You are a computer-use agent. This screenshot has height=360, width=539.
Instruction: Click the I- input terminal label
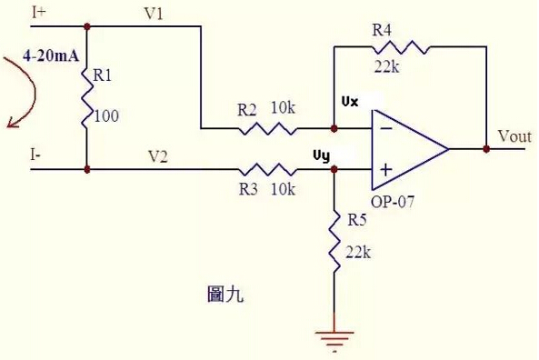(x=35, y=155)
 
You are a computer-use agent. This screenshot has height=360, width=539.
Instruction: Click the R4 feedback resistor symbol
(x=395, y=45)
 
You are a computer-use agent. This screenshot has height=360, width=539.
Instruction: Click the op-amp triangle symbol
(x=404, y=148)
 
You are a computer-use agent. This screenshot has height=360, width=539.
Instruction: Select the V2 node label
(x=158, y=155)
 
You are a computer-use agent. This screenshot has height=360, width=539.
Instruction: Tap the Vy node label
(x=321, y=155)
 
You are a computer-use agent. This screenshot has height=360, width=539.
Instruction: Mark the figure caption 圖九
(x=225, y=295)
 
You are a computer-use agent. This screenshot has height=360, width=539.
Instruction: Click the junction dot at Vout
(x=486, y=149)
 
